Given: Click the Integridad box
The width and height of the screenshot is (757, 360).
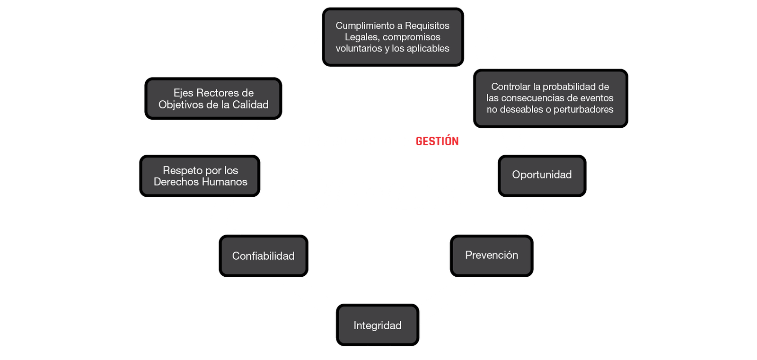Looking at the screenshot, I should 378,325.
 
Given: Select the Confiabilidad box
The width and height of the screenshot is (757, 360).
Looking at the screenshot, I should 264,256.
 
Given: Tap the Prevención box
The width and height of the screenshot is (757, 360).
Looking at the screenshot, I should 492,255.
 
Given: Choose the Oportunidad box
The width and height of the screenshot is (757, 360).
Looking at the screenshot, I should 542,175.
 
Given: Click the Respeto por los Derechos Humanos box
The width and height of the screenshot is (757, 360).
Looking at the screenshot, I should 200,176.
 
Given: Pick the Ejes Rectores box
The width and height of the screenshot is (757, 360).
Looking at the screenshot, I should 213,98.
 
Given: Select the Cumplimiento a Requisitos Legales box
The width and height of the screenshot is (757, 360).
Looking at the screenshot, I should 393,37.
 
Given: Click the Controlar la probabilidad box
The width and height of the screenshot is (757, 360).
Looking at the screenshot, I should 550,98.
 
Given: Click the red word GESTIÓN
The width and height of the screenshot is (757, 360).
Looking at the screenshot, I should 438,141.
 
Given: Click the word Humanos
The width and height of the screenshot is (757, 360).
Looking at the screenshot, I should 224,182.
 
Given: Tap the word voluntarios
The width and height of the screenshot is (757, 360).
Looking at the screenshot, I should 359,48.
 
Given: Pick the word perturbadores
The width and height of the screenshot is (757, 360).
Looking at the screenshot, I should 583,109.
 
